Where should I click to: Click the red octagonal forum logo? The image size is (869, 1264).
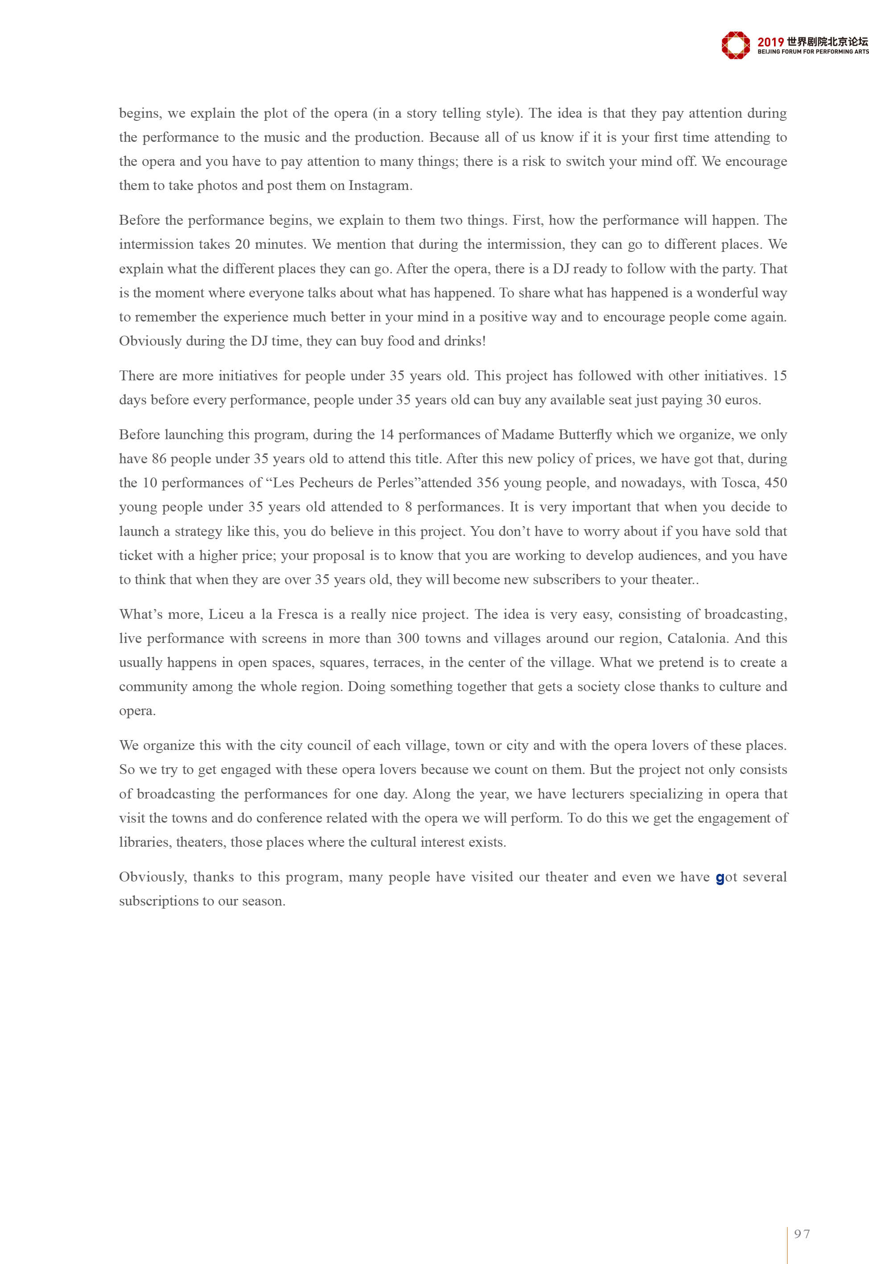[735, 45]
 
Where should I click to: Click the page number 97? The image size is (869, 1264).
[802, 1234]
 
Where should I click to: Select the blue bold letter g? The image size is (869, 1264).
[720, 878]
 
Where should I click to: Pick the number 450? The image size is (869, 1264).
[776, 483]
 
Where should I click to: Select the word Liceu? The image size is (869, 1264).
[227, 614]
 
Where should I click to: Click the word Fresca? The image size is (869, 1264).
[298, 614]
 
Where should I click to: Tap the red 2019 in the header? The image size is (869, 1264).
[770, 42]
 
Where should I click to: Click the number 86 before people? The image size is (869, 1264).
[159, 459]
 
